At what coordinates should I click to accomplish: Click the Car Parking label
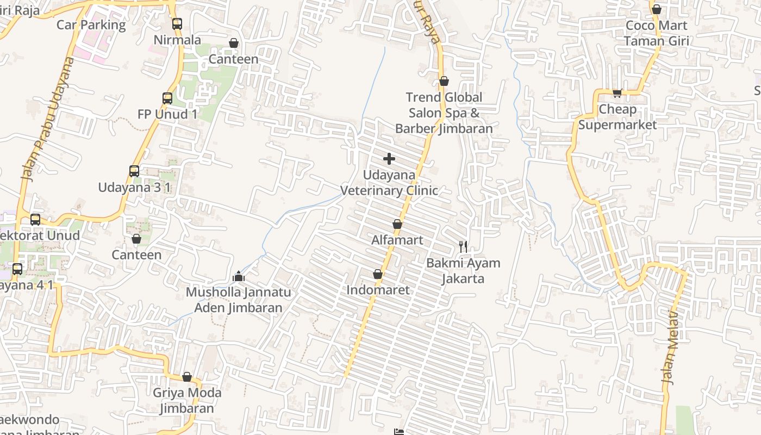click(91, 25)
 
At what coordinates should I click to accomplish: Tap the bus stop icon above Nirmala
click(177, 24)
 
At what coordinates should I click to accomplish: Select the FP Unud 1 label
click(167, 114)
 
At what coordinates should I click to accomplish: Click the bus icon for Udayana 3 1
click(134, 171)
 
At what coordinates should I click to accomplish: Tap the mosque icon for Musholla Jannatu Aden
click(239, 277)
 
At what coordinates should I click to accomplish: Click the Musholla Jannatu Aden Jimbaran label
click(238, 300)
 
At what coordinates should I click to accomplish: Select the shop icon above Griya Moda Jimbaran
click(187, 377)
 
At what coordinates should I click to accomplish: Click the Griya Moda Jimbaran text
click(187, 400)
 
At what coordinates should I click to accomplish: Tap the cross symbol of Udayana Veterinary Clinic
click(389, 159)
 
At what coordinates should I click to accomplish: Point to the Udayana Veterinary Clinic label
click(389, 183)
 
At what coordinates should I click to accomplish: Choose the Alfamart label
click(397, 240)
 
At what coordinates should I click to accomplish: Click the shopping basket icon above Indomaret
click(378, 275)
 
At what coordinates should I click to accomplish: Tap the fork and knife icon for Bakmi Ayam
click(463, 247)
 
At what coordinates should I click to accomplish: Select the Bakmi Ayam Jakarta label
click(463, 271)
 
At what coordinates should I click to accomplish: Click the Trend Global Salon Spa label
click(444, 113)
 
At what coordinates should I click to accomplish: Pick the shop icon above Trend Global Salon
click(444, 81)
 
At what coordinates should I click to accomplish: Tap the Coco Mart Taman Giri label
click(657, 33)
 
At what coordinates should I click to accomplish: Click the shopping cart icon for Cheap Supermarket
click(617, 93)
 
